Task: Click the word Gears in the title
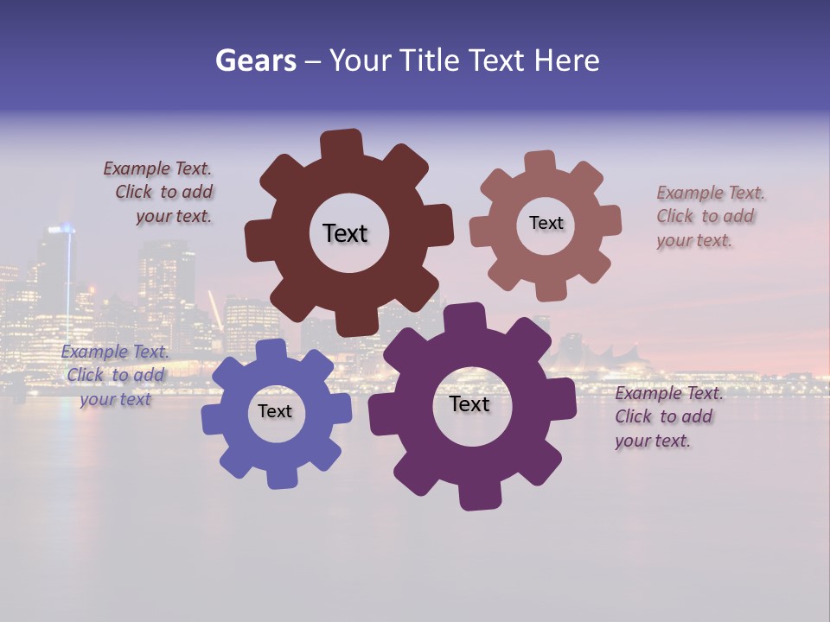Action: [255, 60]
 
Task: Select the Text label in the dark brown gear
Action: [345, 233]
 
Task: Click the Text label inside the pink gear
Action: [546, 223]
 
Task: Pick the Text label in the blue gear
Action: [275, 411]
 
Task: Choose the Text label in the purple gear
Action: [469, 404]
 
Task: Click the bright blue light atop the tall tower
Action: [61, 229]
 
